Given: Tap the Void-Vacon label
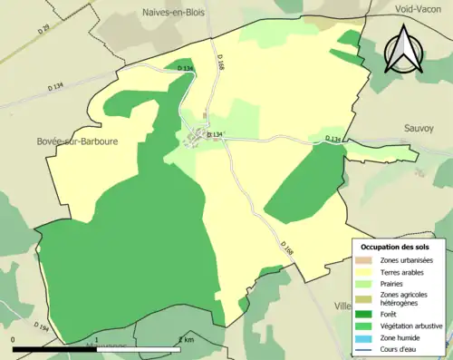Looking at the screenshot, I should coord(422,8).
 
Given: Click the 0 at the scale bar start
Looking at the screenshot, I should coord(14,340).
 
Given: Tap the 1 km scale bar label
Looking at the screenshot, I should coord(186,340).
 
